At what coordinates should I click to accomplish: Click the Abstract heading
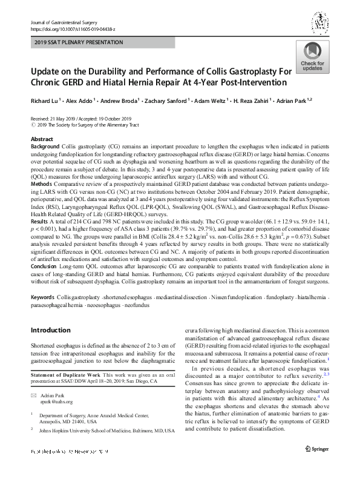point(42,139)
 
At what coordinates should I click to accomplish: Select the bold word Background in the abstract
point(45,147)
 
